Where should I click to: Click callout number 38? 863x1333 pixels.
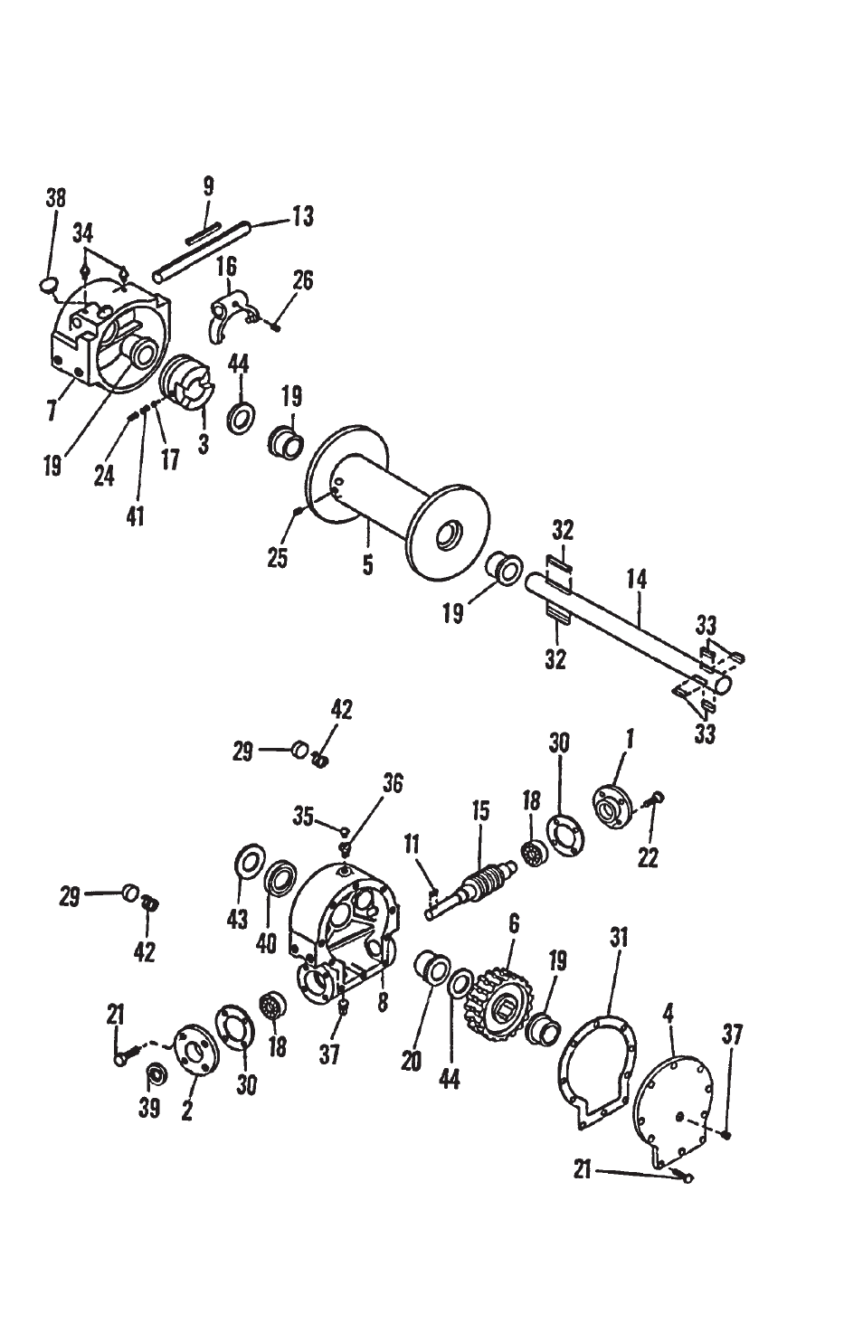[x=56, y=198]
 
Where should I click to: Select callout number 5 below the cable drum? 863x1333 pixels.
[x=368, y=564]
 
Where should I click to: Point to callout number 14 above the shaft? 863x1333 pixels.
[x=636, y=579]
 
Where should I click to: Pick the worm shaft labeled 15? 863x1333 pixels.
[x=471, y=889]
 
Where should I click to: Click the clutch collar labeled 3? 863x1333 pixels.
[x=187, y=382]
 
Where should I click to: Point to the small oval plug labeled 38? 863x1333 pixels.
[x=49, y=285]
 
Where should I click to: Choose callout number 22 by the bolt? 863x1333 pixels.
[x=648, y=857]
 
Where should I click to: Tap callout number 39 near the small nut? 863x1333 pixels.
[x=149, y=1108]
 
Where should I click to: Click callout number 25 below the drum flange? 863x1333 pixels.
[x=278, y=558]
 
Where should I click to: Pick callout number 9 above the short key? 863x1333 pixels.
[x=208, y=186]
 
